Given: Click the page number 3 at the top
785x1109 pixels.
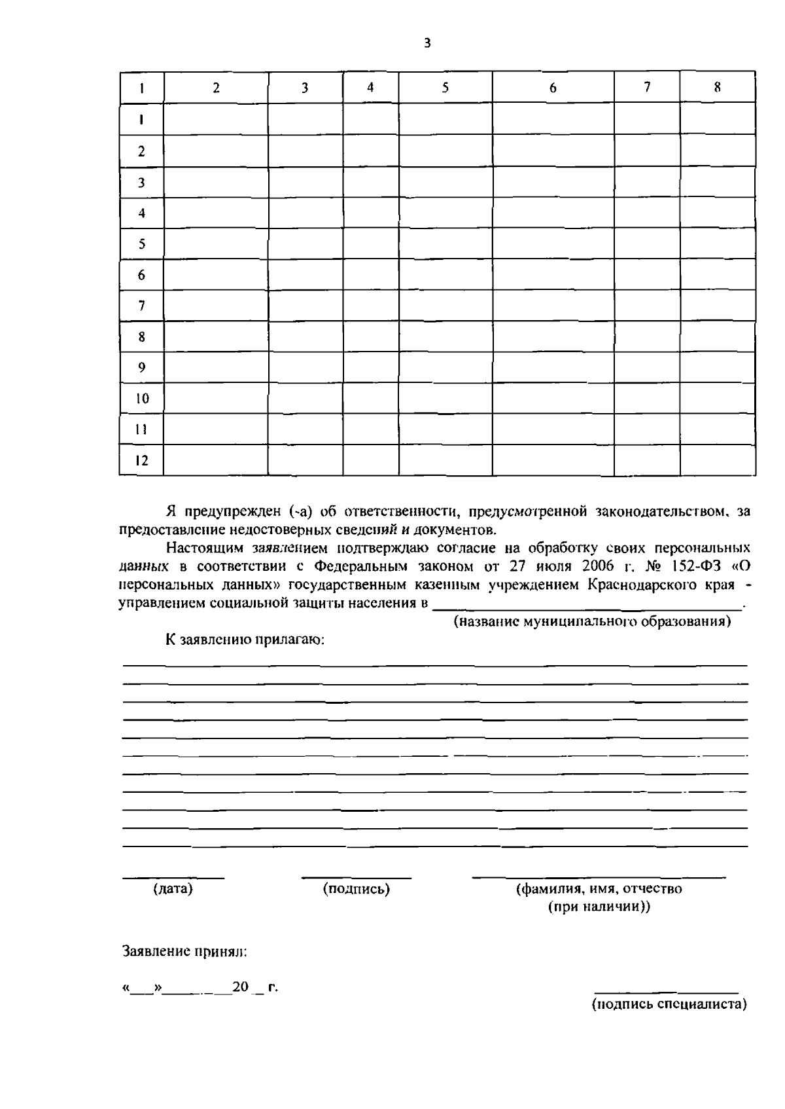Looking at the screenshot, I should (427, 44).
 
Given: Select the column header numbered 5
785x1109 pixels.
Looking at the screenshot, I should (445, 87).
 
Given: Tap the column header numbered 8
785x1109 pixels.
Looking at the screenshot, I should (717, 87).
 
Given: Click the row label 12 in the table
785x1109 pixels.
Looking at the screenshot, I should (141, 460).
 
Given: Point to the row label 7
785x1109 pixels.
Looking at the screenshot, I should (141, 306).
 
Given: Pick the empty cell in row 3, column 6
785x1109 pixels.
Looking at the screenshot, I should (553, 183).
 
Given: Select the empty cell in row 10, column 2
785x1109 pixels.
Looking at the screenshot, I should (215, 398).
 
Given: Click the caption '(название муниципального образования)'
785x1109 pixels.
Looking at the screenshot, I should (592, 621).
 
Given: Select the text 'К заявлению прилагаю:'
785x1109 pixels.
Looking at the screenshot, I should (245, 640).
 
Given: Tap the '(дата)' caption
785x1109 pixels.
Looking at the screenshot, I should (173, 889).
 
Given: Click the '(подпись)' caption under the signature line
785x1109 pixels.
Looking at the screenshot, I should (357, 889).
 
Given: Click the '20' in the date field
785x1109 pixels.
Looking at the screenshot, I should (240, 987).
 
